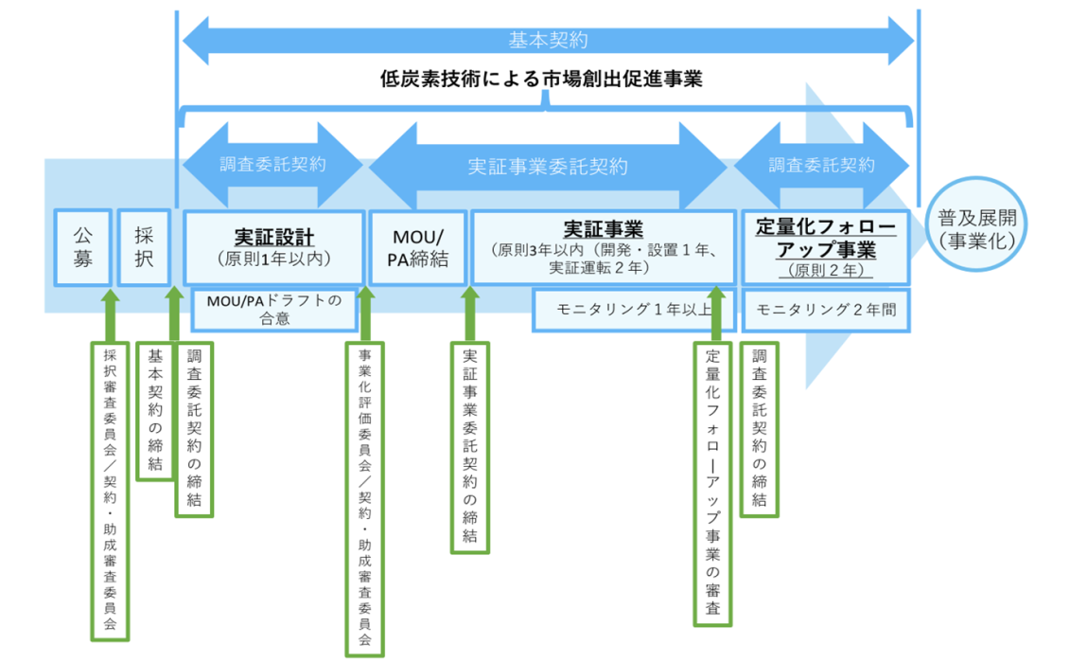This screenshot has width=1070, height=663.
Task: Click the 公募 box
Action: click(82, 247)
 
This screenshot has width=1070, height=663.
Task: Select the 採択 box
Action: click(144, 247)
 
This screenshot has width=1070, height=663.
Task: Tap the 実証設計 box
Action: click(273, 247)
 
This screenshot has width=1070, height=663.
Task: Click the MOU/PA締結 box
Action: click(417, 247)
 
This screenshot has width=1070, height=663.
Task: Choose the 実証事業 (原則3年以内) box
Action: click(604, 247)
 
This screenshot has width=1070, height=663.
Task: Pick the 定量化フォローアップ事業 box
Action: click(826, 247)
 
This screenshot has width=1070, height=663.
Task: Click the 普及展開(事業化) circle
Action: click(976, 224)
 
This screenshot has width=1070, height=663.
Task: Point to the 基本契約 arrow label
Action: click(548, 41)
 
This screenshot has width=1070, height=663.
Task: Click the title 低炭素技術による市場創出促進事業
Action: click(541, 80)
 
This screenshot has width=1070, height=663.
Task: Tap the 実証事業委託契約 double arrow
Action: click(548, 166)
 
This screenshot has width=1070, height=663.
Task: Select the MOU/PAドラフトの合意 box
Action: click(274, 309)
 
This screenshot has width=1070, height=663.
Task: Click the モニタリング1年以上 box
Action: click(633, 310)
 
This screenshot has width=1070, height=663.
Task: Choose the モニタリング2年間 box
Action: click(826, 311)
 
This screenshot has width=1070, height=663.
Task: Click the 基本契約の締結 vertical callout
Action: click(155, 411)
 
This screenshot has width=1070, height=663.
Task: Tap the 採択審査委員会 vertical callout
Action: click(110, 491)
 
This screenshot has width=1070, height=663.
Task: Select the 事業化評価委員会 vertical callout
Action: click(364, 498)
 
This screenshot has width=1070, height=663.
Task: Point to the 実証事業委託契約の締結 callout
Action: click(469, 447)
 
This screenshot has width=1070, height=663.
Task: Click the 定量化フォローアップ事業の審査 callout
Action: click(712, 483)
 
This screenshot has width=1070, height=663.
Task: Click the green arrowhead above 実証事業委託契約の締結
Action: click(469, 294)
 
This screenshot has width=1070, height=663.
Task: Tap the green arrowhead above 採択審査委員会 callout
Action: click(110, 296)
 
